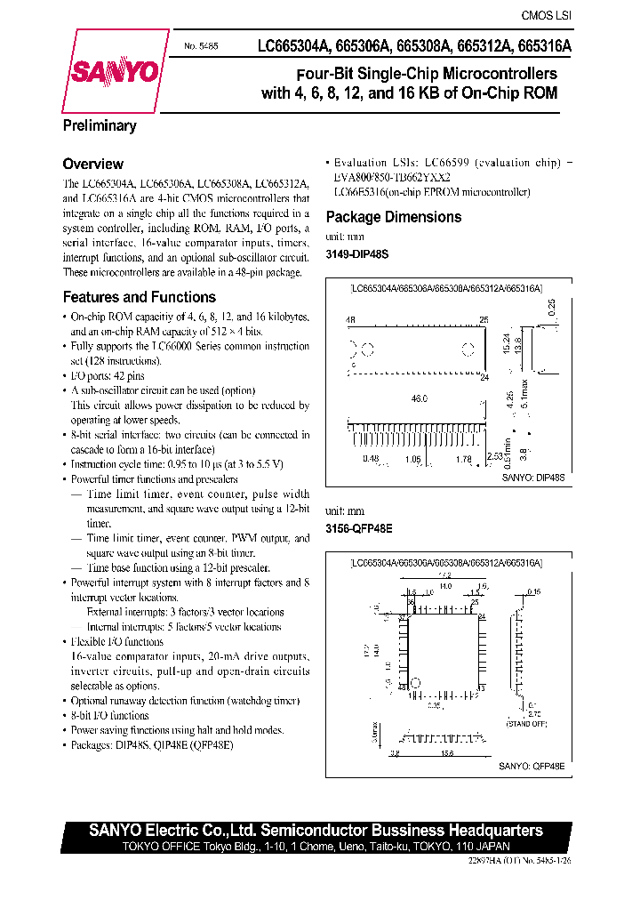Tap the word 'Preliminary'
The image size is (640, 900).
click(100, 125)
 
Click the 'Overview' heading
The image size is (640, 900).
click(92, 164)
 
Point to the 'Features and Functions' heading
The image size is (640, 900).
click(139, 297)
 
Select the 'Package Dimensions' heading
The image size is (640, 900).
click(394, 217)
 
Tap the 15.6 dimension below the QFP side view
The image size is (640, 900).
click(446, 753)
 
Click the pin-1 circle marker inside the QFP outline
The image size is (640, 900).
click(413, 685)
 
